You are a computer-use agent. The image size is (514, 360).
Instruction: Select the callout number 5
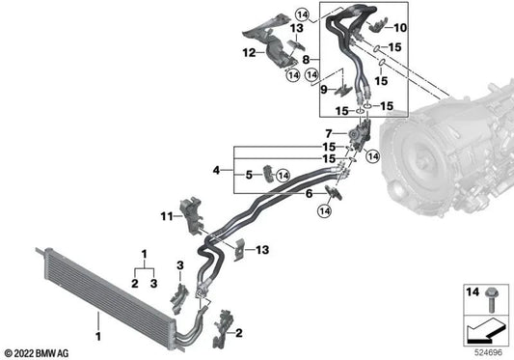248,175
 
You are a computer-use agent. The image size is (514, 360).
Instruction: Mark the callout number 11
165,216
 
